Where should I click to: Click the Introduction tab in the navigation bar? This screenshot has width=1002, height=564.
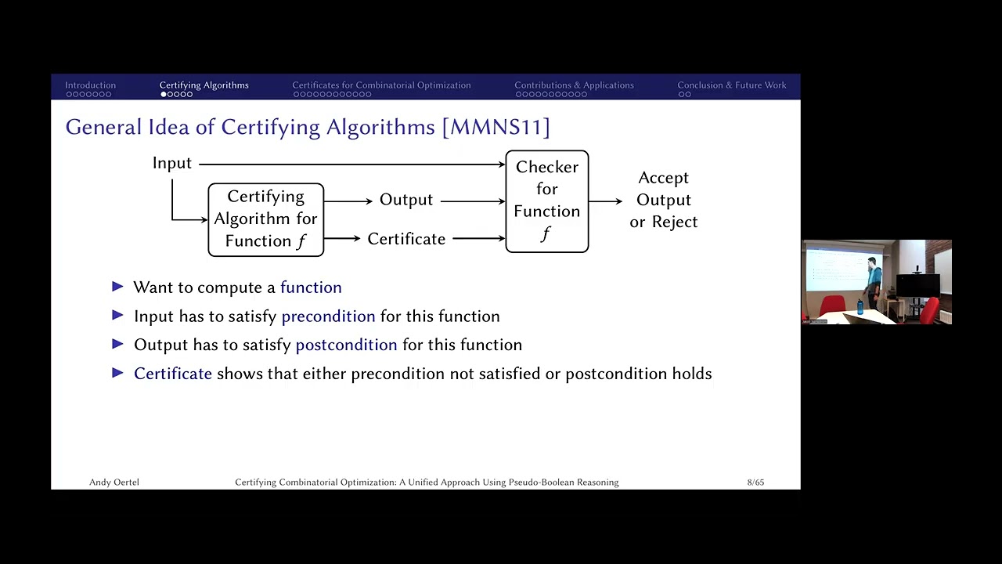[90, 85]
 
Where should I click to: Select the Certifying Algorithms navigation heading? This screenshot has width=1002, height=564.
[204, 85]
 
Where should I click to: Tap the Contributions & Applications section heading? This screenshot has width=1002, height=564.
[574, 85]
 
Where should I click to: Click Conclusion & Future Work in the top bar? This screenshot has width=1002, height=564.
[731, 85]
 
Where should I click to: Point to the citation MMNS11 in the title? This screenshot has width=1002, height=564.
[496, 127]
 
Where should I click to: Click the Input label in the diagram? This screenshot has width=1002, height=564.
[171, 163]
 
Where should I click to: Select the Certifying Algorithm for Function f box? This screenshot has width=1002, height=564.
[265, 219]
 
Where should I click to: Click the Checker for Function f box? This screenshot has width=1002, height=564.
[546, 201]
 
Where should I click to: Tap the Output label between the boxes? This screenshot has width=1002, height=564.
[405, 200]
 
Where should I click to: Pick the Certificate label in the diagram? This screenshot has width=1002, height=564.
[405, 239]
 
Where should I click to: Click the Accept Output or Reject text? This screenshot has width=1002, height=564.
[663, 200]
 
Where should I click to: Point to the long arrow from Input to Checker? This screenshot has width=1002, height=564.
[352, 164]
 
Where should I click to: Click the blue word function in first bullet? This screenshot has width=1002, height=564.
[311, 287]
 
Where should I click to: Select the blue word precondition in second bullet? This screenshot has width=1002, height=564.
[328, 316]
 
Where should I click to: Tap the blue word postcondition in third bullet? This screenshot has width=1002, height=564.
[346, 345]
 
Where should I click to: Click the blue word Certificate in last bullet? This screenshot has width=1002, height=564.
[172, 374]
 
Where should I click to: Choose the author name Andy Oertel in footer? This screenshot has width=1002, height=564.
[114, 483]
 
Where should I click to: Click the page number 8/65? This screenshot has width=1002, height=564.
[755, 483]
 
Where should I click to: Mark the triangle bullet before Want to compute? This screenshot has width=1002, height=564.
[118, 287]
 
